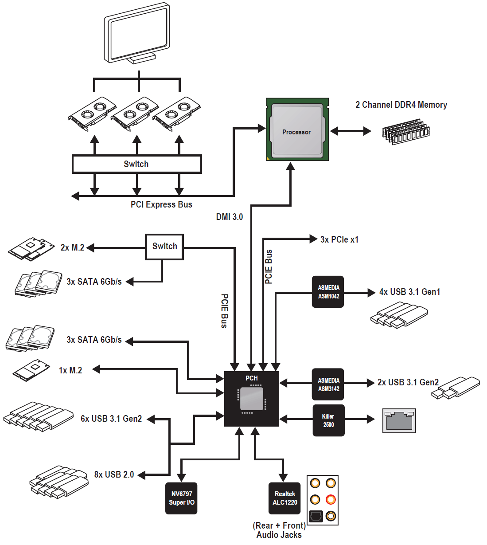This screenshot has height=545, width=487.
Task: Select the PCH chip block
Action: [x=252, y=399]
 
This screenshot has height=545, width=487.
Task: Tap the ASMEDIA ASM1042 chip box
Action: [x=328, y=292]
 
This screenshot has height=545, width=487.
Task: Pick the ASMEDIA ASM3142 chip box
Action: [x=328, y=384]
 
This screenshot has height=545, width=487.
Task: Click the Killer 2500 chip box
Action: [x=328, y=420]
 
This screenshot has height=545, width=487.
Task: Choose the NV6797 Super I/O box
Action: [x=181, y=498]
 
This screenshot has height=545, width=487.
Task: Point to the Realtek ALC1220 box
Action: [x=284, y=498]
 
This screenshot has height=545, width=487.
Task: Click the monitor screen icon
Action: [x=137, y=35]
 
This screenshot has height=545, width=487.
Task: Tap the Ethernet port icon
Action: [x=399, y=420]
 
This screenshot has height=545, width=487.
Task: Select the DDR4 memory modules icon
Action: [x=406, y=132]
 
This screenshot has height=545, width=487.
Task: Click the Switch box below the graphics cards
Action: [x=136, y=164]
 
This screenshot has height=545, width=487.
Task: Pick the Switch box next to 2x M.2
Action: [x=164, y=247]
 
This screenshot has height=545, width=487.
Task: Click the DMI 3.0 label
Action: [x=229, y=217]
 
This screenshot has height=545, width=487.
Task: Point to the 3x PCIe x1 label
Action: [x=339, y=239]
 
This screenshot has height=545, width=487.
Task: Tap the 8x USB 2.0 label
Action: [x=114, y=474]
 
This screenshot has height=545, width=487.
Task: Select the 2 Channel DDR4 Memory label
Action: [x=401, y=105]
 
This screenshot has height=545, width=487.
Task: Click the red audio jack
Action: [x=331, y=499]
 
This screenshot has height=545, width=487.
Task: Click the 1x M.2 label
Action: [x=70, y=370]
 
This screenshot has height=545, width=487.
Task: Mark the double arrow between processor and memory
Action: [x=351, y=131]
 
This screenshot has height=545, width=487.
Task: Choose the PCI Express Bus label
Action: [x=161, y=204]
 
